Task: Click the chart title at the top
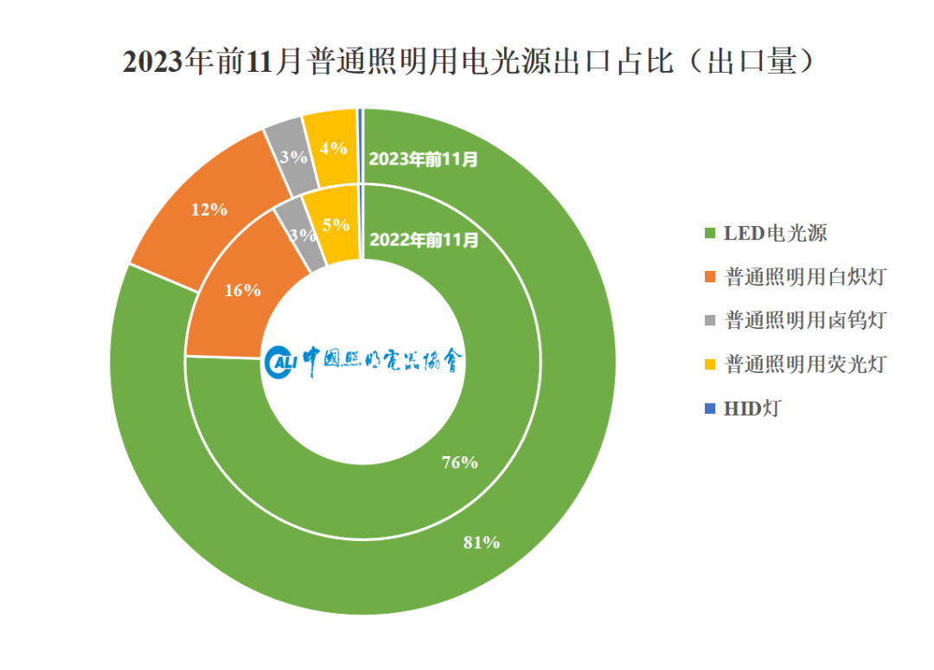(468, 61)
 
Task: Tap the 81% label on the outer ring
(482, 543)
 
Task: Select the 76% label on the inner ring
(459, 462)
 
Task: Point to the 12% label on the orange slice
(208, 209)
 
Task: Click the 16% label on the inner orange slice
(242, 290)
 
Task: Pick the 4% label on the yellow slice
(333, 148)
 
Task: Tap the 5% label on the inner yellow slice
(336, 225)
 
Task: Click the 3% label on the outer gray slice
(293, 157)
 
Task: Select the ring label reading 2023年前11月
(423, 159)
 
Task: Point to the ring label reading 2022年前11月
(424, 240)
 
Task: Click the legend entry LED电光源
(766, 233)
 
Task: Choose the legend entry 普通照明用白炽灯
(796, 277)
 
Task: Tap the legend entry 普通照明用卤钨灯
(796, 320)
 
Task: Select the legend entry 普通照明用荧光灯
(796, 364)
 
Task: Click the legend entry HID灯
(743, 409)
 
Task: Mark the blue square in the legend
(710, 409)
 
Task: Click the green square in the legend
(710, 233)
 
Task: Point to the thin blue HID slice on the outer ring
(360, 146)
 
